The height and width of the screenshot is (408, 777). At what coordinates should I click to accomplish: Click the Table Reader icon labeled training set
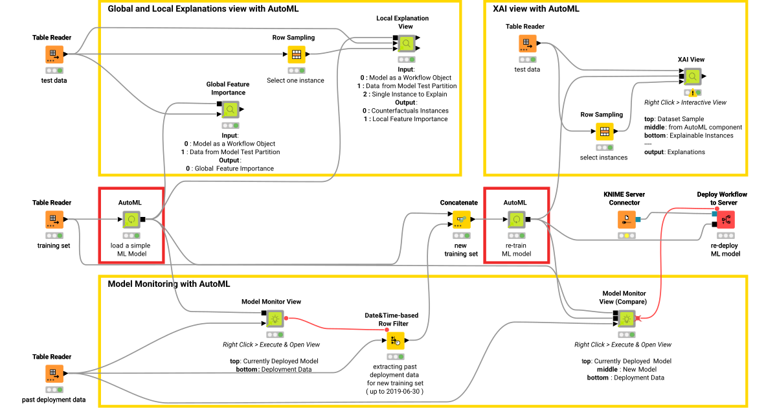tap(54, 220)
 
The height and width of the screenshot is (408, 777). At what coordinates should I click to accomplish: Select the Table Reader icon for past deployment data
tap(54, 374)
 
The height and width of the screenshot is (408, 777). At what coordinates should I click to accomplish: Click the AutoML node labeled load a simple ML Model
tap(131, 220)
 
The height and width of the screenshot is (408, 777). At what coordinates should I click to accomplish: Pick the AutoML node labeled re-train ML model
tap(516, 220)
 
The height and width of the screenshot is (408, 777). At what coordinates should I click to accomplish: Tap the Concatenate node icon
tap(461, 220)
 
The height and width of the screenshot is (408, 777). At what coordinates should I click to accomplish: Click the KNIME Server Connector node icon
tap(626, 220)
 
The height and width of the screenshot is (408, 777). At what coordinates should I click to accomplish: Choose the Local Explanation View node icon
tap(407, 43)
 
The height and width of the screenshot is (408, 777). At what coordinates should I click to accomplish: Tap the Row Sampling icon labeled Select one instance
tap(296, 54)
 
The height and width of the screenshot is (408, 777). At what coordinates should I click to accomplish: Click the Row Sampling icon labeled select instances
tap(604, 131)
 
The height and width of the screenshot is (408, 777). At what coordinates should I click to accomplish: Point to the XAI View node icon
tap(692, 77)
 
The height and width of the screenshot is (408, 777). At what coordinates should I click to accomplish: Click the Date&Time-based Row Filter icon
tap(396, 341)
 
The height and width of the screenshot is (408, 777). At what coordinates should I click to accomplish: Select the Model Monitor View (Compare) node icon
tap(625, 319)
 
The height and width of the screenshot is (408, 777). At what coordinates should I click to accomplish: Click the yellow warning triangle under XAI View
tap(692, 93)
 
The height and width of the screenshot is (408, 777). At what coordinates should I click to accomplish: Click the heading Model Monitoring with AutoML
tap(168, 284)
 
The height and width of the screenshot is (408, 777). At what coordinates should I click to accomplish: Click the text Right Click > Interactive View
tap(685, 102)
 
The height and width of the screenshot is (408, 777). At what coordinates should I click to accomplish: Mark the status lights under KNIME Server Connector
tap(626, 236)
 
